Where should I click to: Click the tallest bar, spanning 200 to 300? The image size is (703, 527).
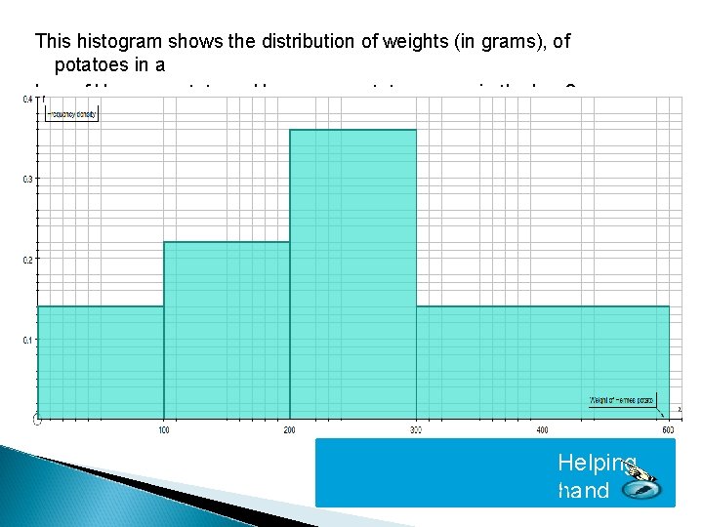click(x=353, y=273)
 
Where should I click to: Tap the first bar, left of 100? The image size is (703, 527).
click(x=100, y=361)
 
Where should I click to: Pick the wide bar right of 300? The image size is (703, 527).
click(x=543, y=361)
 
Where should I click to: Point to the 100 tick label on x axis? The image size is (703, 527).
click(x=164, y=429)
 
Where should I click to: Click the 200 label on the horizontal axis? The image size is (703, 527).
click(x=290, y=429)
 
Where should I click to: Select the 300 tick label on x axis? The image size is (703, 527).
click(x=417, y=429)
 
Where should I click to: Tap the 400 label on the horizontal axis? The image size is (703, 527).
click(x=543, y=429)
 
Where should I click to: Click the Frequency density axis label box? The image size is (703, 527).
click(x=72, y=113)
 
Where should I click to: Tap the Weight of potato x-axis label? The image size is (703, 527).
click(x=622, y=401)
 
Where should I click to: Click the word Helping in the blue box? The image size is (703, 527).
click(x=597, y=464)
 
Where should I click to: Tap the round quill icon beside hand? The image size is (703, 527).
click(x=641, y=485)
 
